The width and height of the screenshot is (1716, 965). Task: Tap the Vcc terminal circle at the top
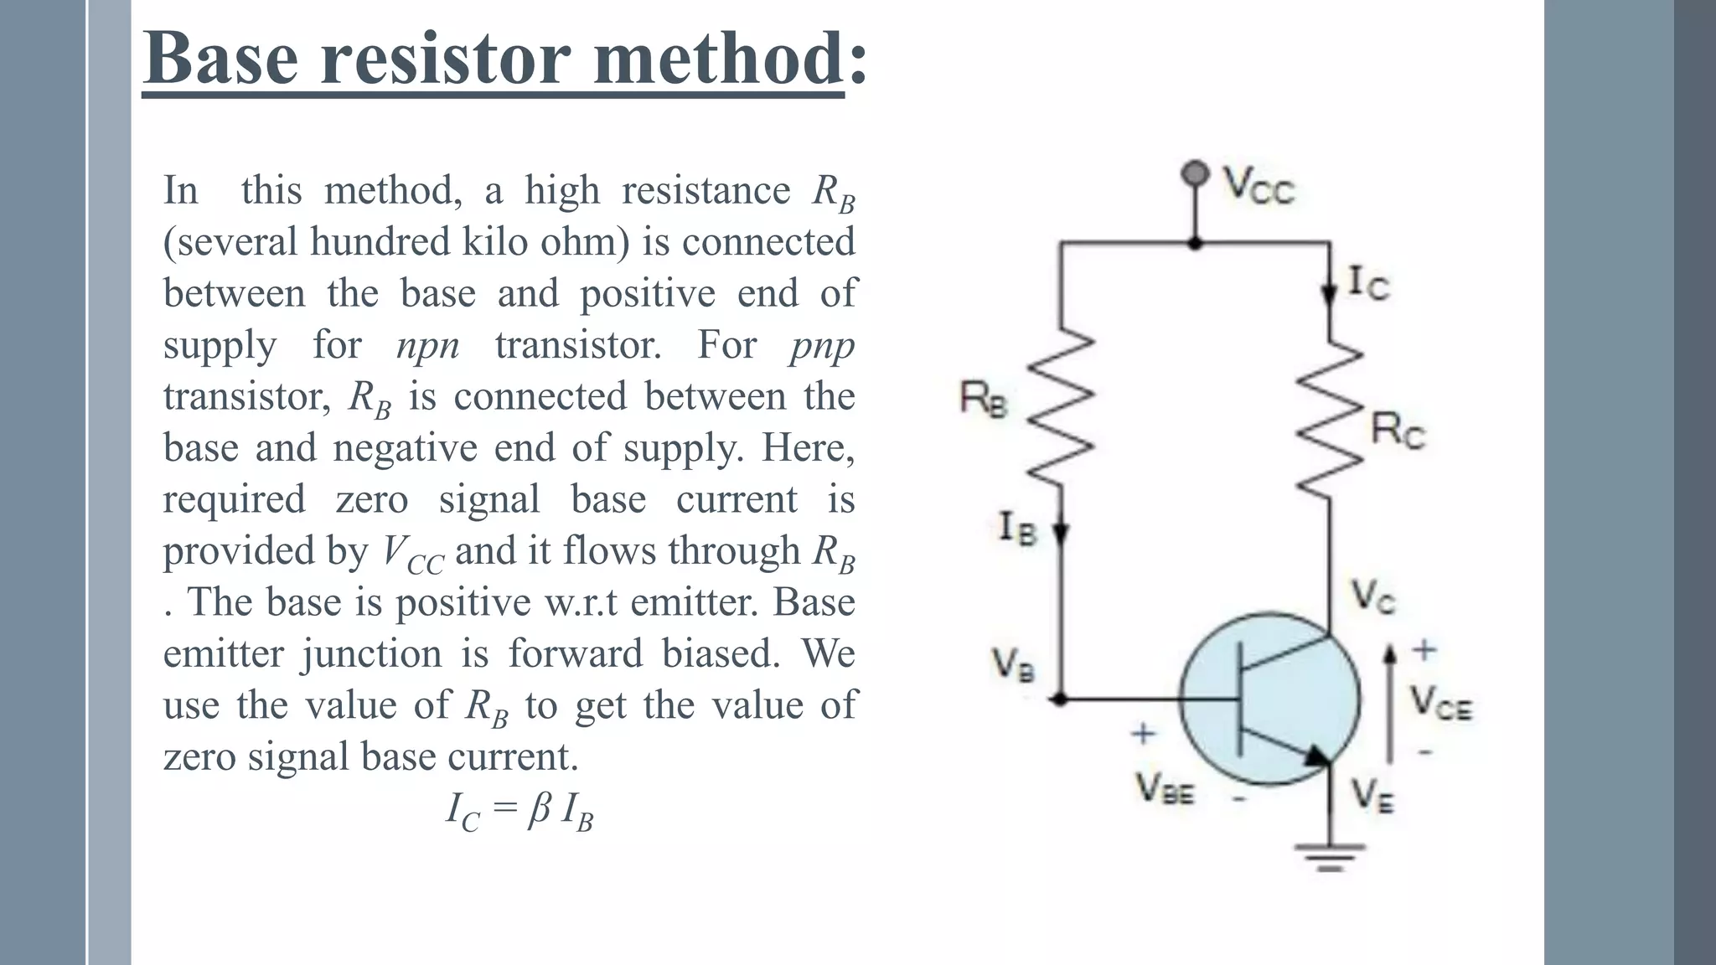tap(1195, 173)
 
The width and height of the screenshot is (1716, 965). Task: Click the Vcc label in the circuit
tap(1258, 185)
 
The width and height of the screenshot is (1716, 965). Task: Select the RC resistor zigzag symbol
tap(1330, 419)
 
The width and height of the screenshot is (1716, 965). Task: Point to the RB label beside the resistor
tap(984, 399)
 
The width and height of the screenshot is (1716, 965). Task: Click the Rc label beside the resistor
tap(1397, 431)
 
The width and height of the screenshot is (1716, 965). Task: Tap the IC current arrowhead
tap(1329, 295)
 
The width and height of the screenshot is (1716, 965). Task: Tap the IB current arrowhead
tap(1061, 533)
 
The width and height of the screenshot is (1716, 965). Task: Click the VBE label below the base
tap(1164, 789)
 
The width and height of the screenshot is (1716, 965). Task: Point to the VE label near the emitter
tap(1372, 795)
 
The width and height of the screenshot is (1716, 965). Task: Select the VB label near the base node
tap(1013, 664)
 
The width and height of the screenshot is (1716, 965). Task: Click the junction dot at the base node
tap(1061, 698)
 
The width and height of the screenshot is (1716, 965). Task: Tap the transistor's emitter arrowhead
tap(1317, 755)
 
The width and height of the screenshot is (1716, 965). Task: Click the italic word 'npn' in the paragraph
tap(427, 345)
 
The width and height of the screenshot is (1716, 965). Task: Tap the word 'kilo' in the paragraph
tap(495, 242)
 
